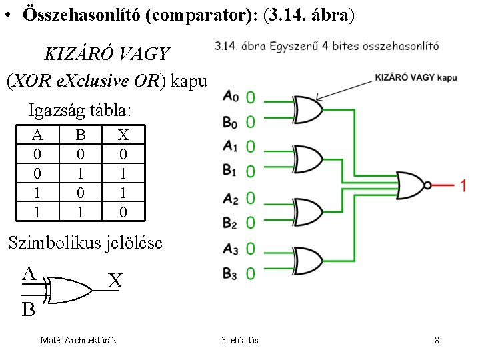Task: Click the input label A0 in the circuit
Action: [230, 97]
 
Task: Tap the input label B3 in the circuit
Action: [230, 273]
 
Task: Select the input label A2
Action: [230, 198]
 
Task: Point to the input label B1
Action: [230, 171]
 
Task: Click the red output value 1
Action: [463, 186]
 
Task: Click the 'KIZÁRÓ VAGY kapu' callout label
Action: [416, 78]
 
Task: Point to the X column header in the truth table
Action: [123, 135]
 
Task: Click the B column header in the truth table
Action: [81, 135]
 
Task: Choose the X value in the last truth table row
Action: [123, 212]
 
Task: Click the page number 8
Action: [437, 341]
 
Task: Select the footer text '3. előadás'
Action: [240, 341]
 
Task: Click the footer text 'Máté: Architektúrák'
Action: [79, 341]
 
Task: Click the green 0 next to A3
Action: [250, 249]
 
